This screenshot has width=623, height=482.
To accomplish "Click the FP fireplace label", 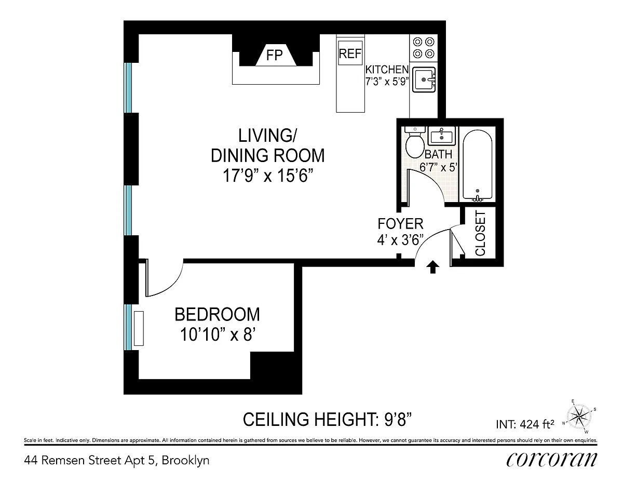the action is tap(274, 55).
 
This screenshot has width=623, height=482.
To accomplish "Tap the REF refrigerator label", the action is tap(350, 53).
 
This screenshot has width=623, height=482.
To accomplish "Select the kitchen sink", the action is tap(424, 79).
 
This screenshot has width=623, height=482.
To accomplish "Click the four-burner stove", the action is tap(424, 48).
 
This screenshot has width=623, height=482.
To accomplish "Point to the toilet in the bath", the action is tap(415, 142).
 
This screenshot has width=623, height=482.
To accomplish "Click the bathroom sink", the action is tap(441, 136).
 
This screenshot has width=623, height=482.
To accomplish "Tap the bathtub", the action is tap(477, 166).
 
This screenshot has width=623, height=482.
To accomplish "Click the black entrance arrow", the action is tap(432, 267).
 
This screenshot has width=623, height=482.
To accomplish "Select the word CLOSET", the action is tap(480, 233).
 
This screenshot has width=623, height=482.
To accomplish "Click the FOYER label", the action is tap(400, 224).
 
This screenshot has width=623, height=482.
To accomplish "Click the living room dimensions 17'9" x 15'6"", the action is tap(267, 176).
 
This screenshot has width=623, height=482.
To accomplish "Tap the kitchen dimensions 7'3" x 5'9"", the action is tap(387, 82).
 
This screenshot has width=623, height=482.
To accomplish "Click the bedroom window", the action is tap(128, 327).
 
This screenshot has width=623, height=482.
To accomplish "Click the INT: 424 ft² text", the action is tap(525, 424).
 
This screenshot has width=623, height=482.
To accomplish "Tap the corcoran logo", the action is tap(552, 460).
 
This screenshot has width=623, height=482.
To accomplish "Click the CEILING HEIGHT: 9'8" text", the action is tap(328, 419).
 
